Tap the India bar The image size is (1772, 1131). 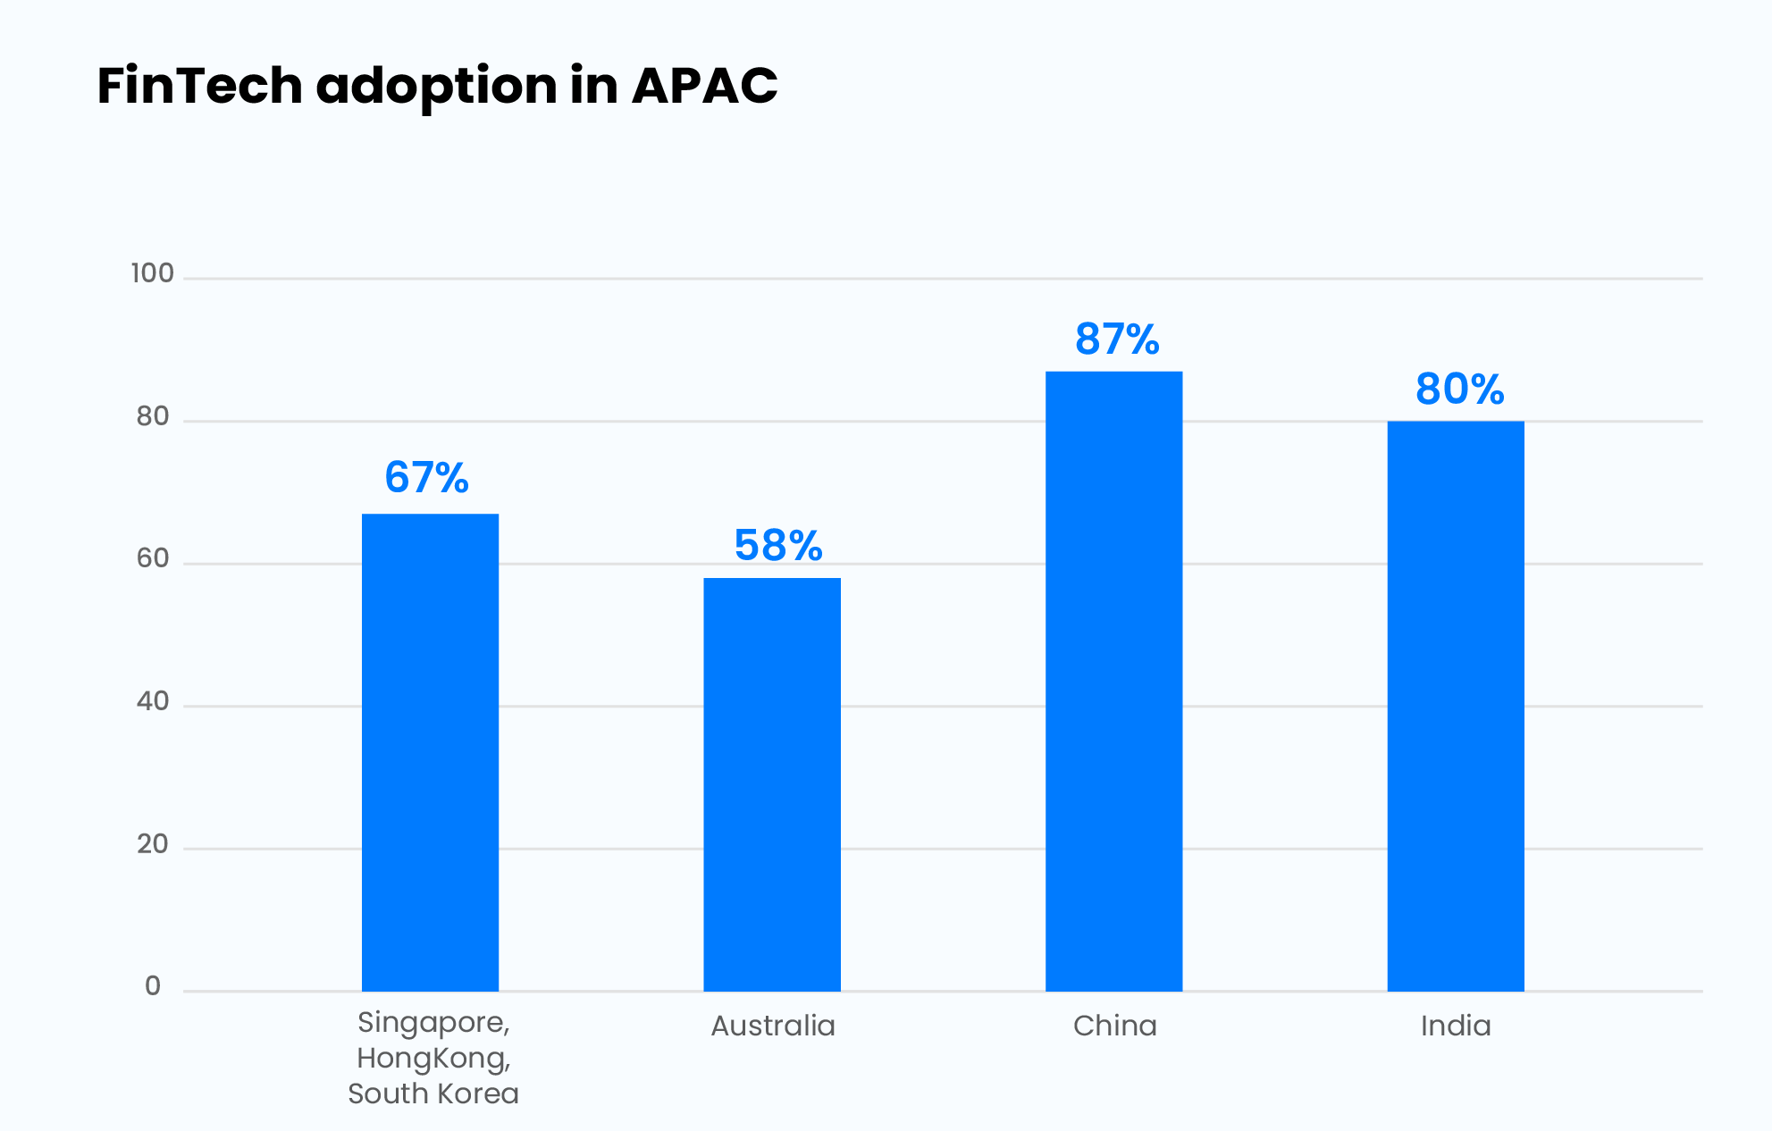click(x=1456, y=706)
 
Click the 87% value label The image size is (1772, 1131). click(x=1117, y=339)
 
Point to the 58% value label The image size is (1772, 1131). click(x=778, y=546)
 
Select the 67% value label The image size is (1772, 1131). click(x=426, y=478)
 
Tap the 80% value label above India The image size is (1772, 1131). click(x=1460, y=390)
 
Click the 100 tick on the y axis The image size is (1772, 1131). click(x=153, y=273)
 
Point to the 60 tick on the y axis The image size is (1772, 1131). click(x=153, y=558)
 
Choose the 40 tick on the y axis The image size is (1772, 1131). click(x=153, y=701)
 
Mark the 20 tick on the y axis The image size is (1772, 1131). click(x=153, y=844)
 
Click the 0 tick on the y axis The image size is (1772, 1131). click(x=153, y=986)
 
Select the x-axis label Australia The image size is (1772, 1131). click(x=773, y=1026)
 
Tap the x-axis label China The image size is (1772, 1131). click(x=1114, y=1026)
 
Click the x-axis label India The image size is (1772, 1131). click(x=1456, y=1026)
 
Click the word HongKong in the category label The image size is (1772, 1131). click(x=433, y=1059)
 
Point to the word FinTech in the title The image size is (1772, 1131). click(x=200, y=86)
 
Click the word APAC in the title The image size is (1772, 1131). click(x=704, y=86)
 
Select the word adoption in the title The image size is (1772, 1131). click(x=437, y=88)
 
